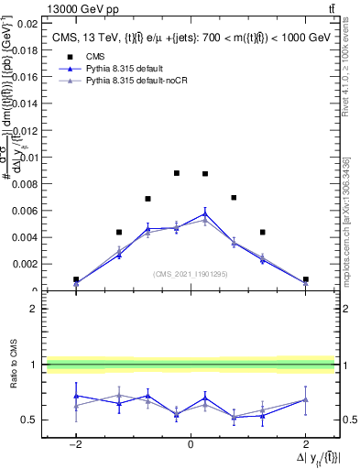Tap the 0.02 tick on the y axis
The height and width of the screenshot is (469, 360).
(x=27, y=23)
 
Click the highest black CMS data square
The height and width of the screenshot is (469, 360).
(x=177, y=173)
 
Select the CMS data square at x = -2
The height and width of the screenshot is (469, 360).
(x=76, y=279)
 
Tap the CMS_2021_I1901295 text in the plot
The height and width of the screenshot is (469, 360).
(x=190, y=274)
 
